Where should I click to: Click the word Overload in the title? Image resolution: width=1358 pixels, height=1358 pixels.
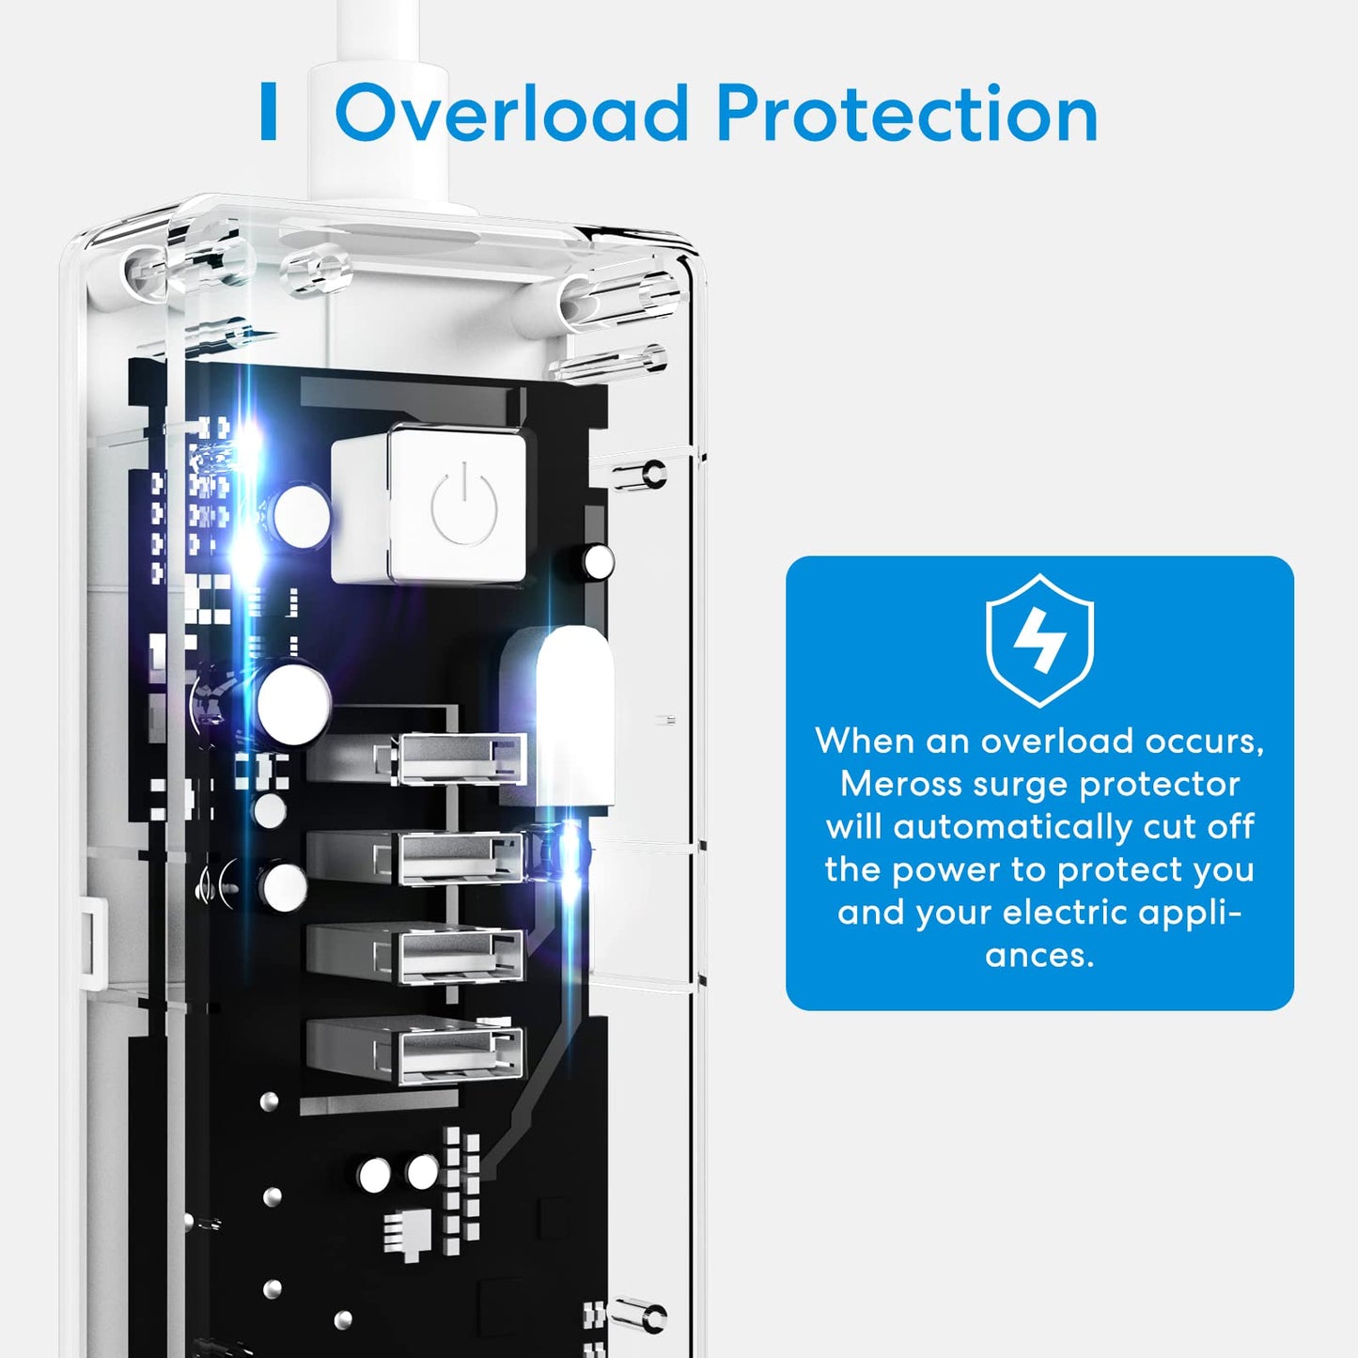pyautogui.click(x=511, y=113)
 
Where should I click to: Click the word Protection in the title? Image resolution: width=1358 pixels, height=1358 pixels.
pyautogui.click(x=907, y=113)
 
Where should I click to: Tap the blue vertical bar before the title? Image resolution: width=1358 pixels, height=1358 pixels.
pyautogui.click(x=268, y=111)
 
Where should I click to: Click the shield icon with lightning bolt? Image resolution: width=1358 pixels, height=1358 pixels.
pyautogui.click(x=1039, y=640)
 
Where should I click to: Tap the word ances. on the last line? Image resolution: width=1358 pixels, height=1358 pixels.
pyautogui.click(x=1039, y=956)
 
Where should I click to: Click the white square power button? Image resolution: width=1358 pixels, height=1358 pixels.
pyautogui.click(x=458, y=506)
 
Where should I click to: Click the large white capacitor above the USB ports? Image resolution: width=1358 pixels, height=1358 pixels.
pyautogui.click(x=294, y=702)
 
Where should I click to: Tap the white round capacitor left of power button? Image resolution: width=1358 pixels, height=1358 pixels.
pyautogui.click(x=302, y=516)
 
